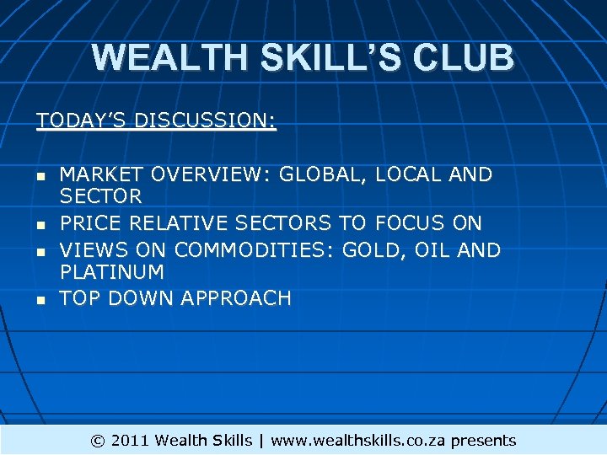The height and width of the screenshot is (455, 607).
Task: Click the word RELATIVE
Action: coord(175,224)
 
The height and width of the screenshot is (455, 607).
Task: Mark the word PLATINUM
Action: coord(112,273)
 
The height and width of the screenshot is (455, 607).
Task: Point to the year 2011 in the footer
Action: coord(131,441)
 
